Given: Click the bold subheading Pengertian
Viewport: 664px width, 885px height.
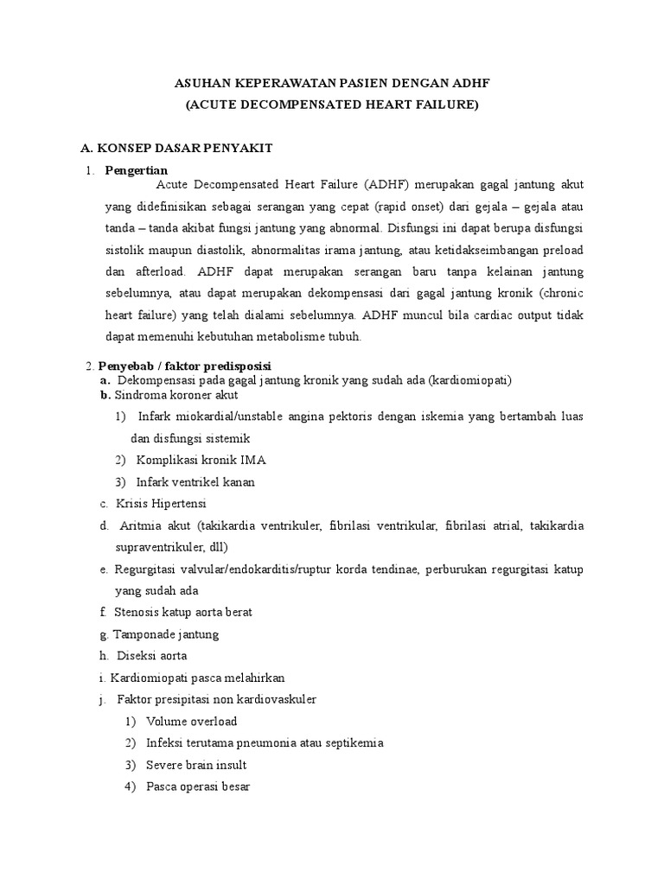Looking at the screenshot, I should (137, 170).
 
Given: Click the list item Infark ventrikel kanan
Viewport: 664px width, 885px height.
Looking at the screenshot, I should (195, 481).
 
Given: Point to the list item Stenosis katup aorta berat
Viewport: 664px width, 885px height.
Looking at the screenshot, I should (182, 612).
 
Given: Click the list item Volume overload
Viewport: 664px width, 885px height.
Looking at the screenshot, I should (191, 721).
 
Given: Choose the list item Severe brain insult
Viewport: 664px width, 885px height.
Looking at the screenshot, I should (196, 765).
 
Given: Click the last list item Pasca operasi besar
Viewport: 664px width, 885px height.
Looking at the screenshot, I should (198, 786).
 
